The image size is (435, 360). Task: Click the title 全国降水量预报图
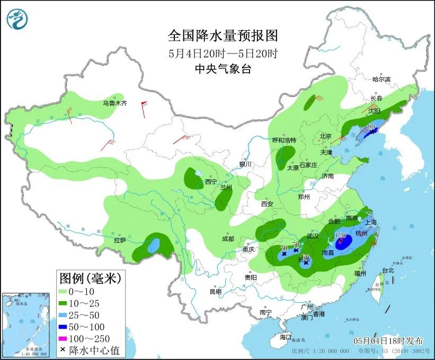(223, 36)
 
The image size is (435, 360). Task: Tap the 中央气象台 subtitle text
(223, 68)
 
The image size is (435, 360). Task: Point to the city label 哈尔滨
(381, 79)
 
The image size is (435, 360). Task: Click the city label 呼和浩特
(284, 140)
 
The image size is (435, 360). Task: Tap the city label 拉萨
(120, 240)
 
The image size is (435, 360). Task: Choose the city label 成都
(228, 239)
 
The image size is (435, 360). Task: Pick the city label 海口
(286, 337)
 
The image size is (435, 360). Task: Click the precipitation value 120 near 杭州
(341, 234)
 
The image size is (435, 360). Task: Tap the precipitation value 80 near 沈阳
(371, 126)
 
